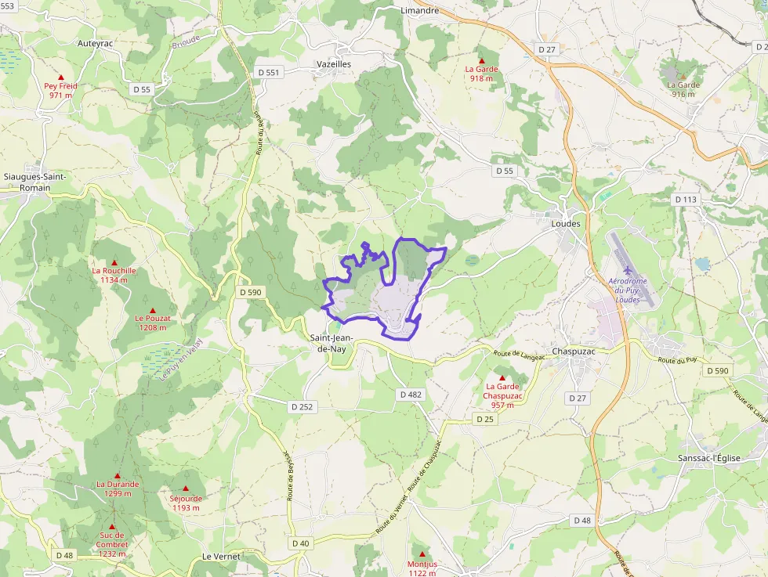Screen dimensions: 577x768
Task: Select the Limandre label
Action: tap(419, 11)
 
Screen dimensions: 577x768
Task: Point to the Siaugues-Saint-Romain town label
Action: tap(34, 182)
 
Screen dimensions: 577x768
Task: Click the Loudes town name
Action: tap(566, 223)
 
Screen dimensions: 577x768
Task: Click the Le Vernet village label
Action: tap(221, 556)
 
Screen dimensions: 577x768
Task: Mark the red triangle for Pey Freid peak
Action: tap(60, 78)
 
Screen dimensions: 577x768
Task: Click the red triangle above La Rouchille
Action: tap(114, 262)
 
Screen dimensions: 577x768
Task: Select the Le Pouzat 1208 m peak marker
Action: tap(153, 310)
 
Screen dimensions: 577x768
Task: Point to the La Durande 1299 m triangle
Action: tap(118, 475)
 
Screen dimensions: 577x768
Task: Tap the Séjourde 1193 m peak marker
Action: tap(186, 489)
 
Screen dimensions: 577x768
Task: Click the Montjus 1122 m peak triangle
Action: tap(422, 554)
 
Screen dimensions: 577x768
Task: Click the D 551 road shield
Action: tap(268, 72)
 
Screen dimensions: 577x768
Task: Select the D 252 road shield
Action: tap(302, 406)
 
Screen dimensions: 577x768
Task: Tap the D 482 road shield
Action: tap(410, 395)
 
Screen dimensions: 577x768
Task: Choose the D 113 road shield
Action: tap(686, 200)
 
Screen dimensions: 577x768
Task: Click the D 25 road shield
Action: tap(484, 420)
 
